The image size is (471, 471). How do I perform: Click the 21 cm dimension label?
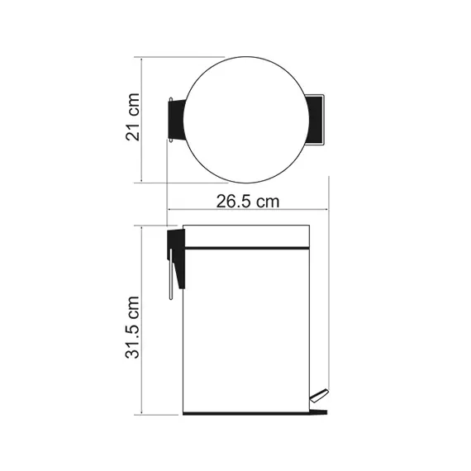(x=133, y=121)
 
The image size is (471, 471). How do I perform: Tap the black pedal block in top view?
(x=315, y=118)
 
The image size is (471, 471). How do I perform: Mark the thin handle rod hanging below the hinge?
(x=168, y=278)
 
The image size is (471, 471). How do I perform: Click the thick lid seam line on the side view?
(x=245, y=248)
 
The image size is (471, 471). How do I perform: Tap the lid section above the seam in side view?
(x=245, y=236)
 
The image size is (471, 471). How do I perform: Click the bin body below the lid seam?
(x=245, y=331)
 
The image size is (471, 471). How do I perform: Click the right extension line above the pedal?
(x=329, y=289)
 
